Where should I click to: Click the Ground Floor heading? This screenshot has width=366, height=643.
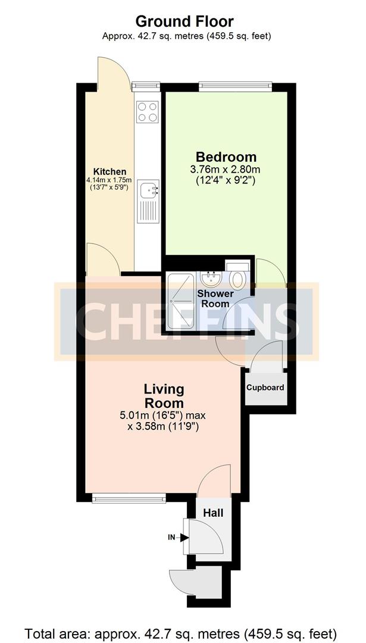184,22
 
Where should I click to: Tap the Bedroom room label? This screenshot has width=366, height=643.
226,157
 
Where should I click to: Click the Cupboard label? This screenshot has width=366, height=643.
265,388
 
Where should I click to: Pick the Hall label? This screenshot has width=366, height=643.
213,512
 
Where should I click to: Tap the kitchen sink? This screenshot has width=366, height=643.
148,191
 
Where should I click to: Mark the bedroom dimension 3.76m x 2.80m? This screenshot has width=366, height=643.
226,170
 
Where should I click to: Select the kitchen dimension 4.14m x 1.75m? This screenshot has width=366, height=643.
107,180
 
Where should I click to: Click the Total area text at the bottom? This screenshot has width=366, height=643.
183,632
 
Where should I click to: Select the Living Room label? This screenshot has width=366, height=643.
164,396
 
